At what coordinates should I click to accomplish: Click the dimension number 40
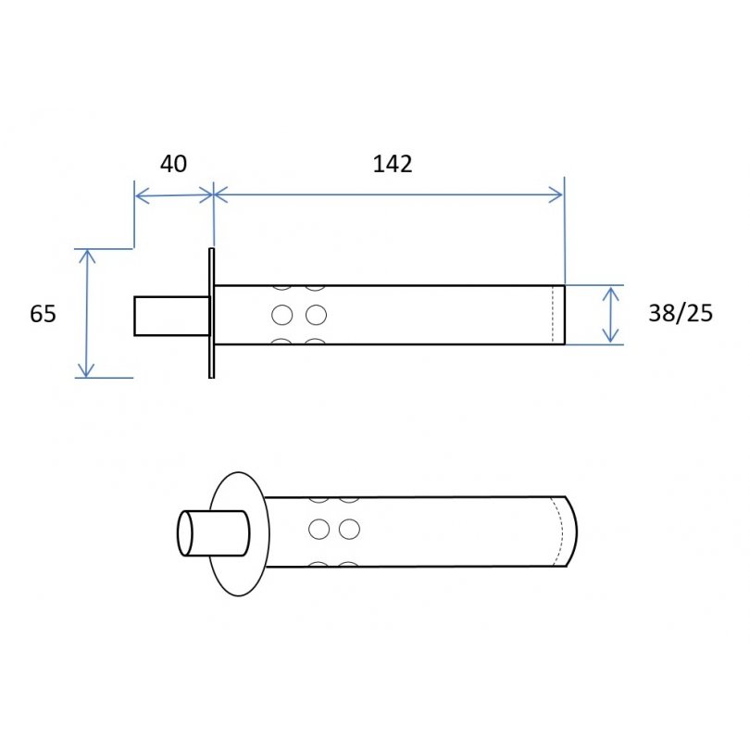tap(173, 164)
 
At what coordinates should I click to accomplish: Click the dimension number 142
tap(393, 164)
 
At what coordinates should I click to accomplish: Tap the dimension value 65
tap(43, 314)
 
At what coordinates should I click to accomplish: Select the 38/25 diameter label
tap(681, 313)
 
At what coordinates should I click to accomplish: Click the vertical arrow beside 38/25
tap(611, 315)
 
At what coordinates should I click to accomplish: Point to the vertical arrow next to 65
tap(86, 313)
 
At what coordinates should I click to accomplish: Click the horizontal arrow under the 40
tap(174, 195)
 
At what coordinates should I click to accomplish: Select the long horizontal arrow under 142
tap(388, 194)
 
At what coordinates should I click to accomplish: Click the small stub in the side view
tap(172, 316)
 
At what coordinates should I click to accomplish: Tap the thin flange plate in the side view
tap(211, 313)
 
